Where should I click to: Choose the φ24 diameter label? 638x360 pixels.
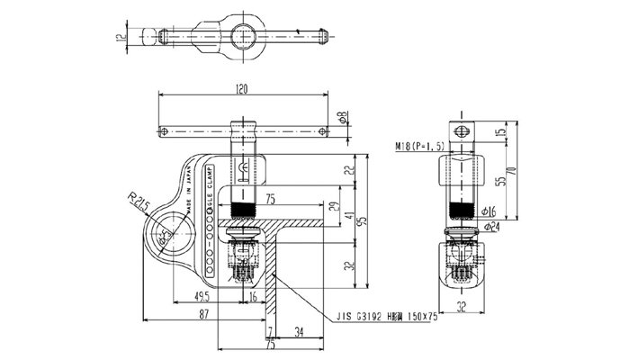tap(490, 226)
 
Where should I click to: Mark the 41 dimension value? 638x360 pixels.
tap(349, 215)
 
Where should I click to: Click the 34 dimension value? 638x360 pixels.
tap(298, 331)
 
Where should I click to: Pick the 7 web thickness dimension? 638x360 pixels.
tap(270, 331)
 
